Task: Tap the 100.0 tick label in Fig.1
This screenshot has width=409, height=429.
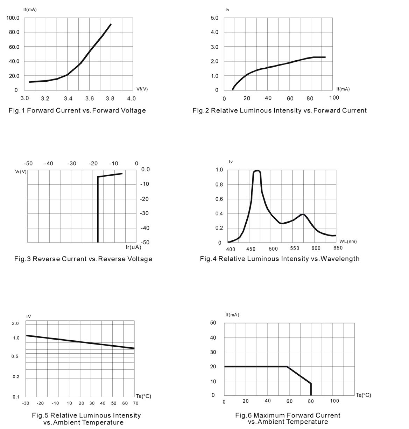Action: [x=13, y=18]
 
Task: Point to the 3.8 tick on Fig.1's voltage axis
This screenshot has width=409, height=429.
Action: [x=111, y=98]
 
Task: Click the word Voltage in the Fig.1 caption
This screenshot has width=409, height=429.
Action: [x=133, y=111]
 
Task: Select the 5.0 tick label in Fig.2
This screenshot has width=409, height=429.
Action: [x=214, y=18]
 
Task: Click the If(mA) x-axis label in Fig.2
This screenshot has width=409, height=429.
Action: [x=343, y=89]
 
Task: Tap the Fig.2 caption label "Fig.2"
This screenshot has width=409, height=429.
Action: [x=200, y=111]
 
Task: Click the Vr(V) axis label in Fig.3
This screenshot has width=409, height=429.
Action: [x=21, y=172]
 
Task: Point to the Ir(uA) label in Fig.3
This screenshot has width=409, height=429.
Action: [x=133, y=247]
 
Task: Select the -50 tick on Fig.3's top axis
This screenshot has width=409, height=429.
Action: [x=28, y=164]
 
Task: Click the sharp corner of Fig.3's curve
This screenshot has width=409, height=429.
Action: [x=98, y=177]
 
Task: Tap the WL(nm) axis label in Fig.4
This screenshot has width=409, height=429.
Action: [x=348, y=241]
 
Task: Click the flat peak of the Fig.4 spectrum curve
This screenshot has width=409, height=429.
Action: [x=257, y=171]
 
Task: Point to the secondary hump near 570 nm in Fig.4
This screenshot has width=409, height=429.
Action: [x=303, y=214]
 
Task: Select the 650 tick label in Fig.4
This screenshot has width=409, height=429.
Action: [x=338, y=248]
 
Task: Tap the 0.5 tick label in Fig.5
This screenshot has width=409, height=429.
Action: [x=16, y=356]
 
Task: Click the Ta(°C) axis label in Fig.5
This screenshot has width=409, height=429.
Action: [x=143, y=396]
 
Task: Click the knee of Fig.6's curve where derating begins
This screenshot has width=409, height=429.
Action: [x=287, y=367]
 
